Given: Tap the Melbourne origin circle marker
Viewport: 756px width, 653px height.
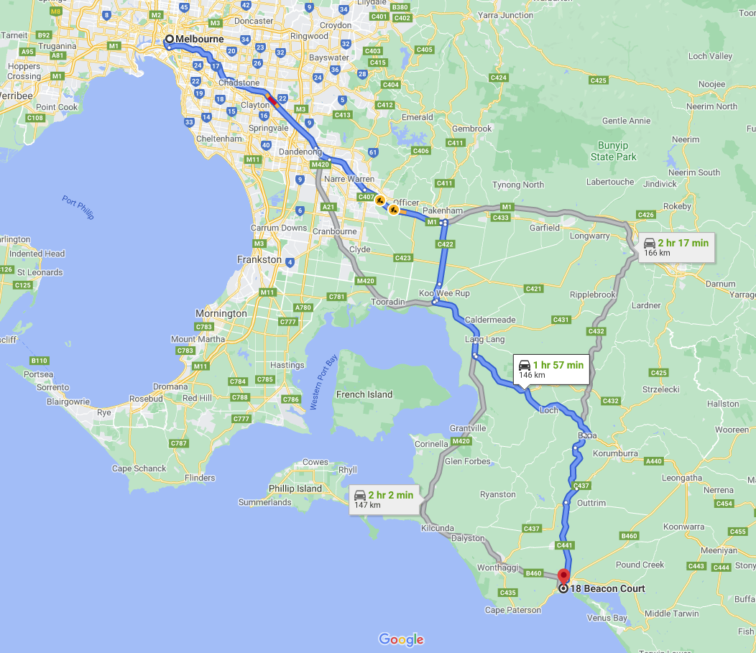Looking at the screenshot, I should pyautogui.click(x=170, y=40).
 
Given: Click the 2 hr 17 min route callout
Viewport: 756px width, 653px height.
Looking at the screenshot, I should pyautogui.click(x=676, y=247).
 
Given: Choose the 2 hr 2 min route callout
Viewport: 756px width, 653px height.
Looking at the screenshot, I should pyautogui.click(x=384, y=499).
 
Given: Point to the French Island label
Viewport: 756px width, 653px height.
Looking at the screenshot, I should pyautogui.click(x=364, y=394).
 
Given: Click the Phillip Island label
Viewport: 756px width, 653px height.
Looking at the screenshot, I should pyautogui.click(x=295, y=488).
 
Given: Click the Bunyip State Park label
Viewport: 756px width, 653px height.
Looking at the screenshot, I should pyautogui.click(x=614, y=151).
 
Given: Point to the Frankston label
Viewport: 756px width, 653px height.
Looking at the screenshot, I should pyautogui.click(x=259, y=259).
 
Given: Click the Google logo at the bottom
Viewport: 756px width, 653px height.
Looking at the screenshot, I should pyautogui.click(x=401, y=639).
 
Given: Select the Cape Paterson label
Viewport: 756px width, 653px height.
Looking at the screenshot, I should pyautogui.click(x=513, y=610).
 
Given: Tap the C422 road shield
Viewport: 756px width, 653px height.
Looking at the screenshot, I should pyautogui.click(x=446, y=244).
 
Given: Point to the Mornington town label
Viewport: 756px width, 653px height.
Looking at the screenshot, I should pyautogui.click(x=221, y=314).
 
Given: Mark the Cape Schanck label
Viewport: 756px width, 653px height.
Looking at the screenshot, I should pyautogui.click(x=139, y=468).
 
